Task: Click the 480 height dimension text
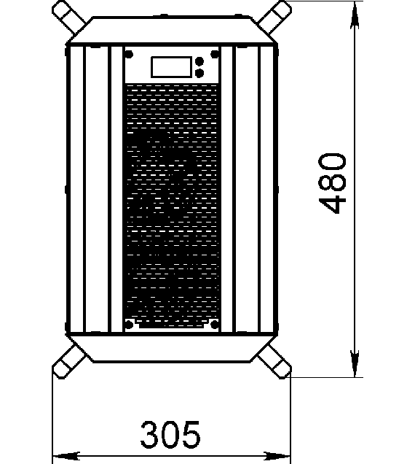332,183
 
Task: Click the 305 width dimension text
170,434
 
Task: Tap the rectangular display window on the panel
171,67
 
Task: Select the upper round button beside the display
199,61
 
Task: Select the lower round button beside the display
199,73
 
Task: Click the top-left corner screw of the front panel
129,55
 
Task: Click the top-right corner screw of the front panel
215,55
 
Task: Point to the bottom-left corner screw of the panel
129,325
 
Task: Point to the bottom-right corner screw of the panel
215,325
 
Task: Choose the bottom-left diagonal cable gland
69,363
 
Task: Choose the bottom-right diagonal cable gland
274,363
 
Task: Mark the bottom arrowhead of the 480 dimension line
355,363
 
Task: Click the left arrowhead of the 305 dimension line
66,456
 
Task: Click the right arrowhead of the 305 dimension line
277,456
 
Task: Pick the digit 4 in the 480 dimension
332,204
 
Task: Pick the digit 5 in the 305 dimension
191,434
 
